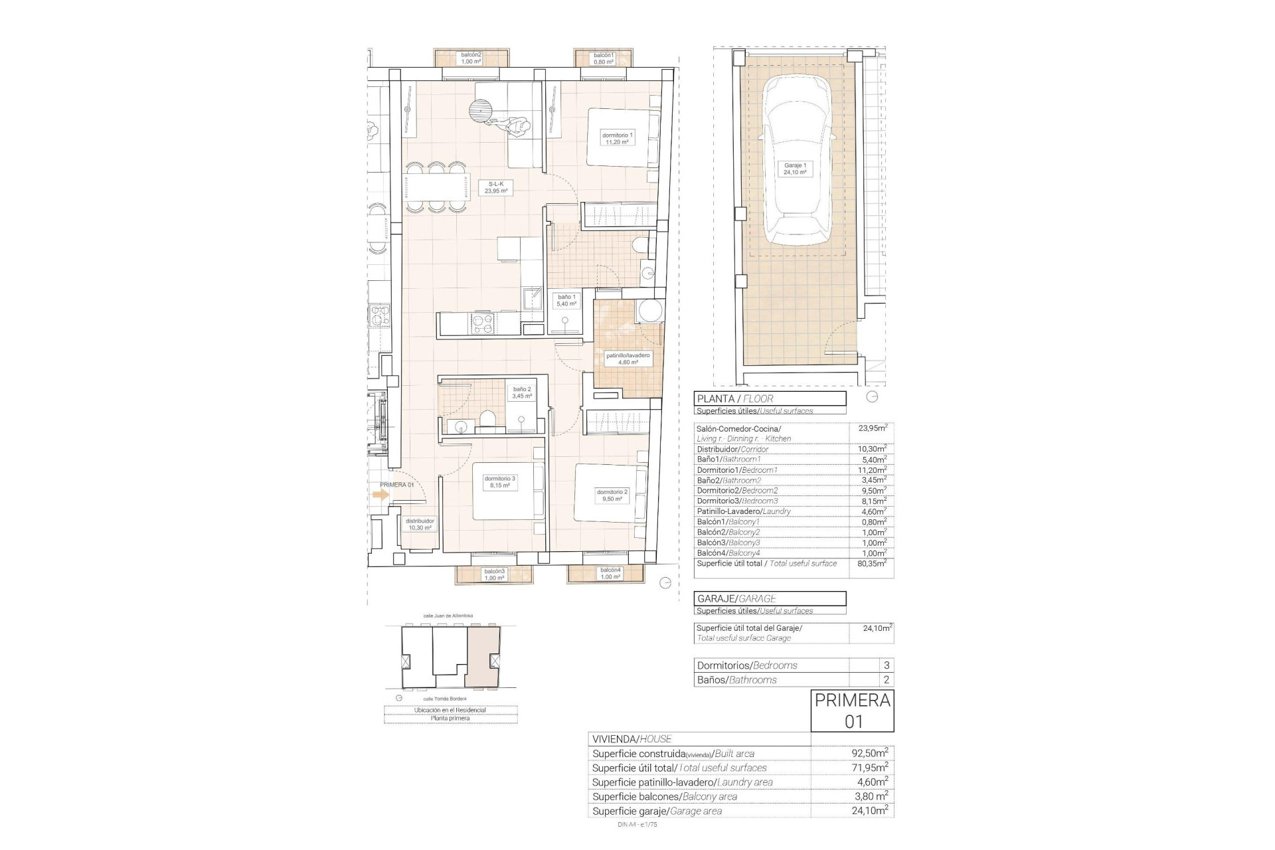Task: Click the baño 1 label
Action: coord(566,300)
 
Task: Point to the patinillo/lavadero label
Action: coord(628,359)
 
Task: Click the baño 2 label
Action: coord(521,392)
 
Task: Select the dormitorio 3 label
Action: coord(499,481)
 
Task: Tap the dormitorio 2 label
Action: coord(612,495)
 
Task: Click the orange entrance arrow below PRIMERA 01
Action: coord(381,495)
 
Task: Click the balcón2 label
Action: coord(471,58)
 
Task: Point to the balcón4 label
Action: coord(610,574)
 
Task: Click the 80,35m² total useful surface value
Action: coord(872,563)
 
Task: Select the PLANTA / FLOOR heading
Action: coord(770,399)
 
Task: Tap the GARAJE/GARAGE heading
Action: coord(770,598)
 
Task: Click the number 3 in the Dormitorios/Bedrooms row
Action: coord(886,665)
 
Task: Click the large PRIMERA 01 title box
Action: coord(853,711)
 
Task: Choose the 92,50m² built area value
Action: coord(869,753)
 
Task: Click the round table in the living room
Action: coord(480,111)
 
